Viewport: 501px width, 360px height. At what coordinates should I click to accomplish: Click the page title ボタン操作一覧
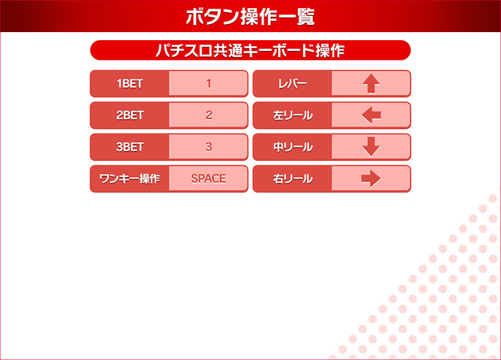point(250,16)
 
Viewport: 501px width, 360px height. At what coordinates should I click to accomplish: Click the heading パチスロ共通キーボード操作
point(250,50)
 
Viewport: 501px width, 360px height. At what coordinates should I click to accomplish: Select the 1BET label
point(130,84)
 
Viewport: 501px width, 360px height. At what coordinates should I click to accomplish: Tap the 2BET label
point(130,115)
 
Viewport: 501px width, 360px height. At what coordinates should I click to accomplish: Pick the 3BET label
point(130,147)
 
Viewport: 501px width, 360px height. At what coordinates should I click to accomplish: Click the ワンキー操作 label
point(130,179)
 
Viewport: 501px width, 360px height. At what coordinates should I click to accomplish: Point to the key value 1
point(208,84)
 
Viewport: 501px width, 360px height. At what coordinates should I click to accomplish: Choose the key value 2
point(208,115)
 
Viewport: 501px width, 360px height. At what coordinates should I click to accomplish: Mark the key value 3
point(208,147)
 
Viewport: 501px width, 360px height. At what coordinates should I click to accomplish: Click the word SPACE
point(208,179)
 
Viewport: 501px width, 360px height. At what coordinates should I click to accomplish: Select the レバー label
point(293,84)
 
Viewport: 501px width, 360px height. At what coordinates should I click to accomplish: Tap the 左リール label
point(293,115)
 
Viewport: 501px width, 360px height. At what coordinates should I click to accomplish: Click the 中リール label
point(293,147)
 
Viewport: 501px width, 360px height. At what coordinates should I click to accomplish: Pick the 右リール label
point(293,179)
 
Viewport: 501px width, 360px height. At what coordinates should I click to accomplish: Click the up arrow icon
point(371,84)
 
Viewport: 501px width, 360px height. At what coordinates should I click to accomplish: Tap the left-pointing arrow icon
point(371,115)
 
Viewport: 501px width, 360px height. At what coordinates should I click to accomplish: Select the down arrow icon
point(371,147)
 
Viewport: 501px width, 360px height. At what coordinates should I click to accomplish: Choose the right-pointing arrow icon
point(371,179)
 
